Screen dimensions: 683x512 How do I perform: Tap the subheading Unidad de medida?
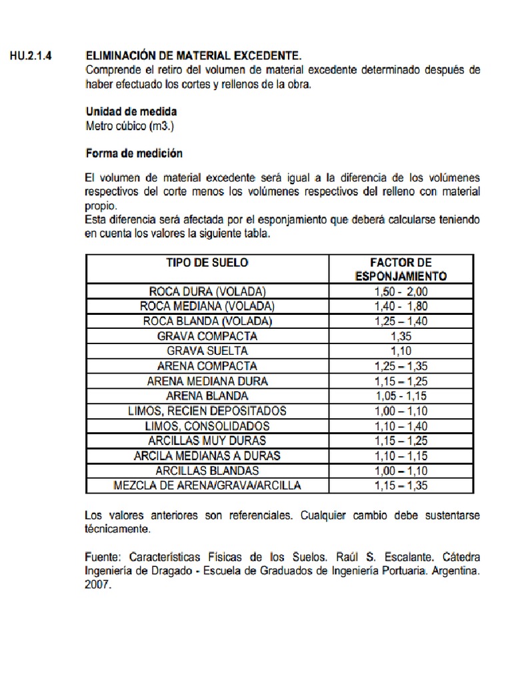tap(131, 111)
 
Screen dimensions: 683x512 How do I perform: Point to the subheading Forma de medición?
tap(134, 153)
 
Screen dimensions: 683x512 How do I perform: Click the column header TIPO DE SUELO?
tap(207, 262)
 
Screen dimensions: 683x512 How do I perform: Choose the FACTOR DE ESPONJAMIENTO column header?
tap(401, 269)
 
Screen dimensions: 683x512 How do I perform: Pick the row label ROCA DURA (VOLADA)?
tap(207, 291)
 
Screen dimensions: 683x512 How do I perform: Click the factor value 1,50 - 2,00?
tap(401, 291)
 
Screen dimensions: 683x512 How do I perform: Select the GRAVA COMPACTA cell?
tap(207, 336)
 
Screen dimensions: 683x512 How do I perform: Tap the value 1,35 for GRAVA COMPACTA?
tap(401, 336)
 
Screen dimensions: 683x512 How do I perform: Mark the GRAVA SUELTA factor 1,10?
tap(401, 351)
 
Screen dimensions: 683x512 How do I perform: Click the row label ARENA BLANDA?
tap(207, 396)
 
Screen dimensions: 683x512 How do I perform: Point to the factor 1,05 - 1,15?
tap(401, 396)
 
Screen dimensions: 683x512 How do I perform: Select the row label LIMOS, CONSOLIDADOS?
tap(207, 426)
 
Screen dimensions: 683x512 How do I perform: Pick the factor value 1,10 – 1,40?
tap(401, 426)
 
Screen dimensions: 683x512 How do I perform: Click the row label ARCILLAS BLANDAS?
tap(207, 470)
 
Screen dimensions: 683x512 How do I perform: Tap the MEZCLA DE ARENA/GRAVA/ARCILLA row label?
tap(207, 485)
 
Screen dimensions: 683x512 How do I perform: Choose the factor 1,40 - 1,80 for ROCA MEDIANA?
tap(401, 306)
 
